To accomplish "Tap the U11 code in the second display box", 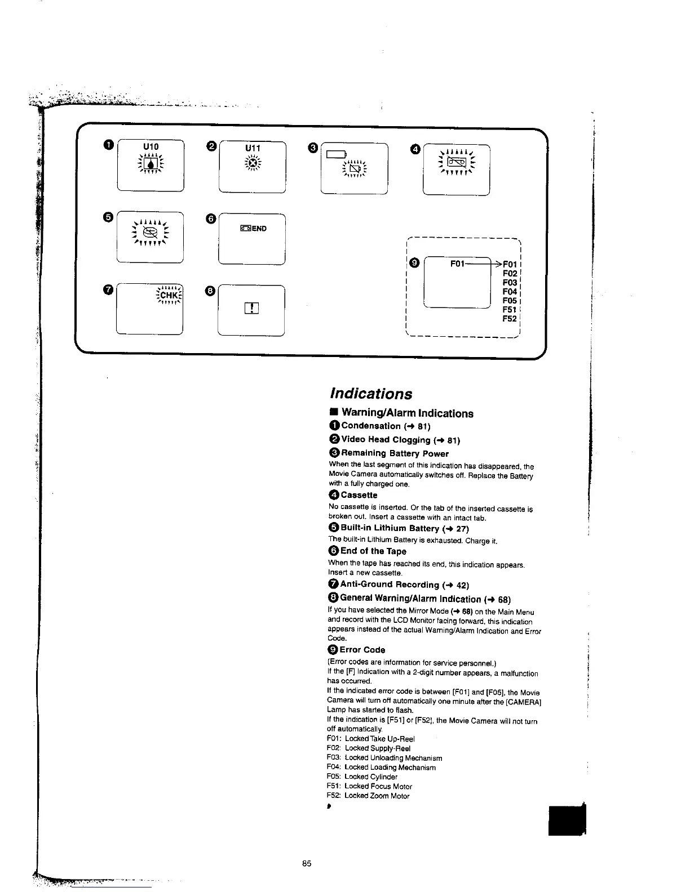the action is click(253, 148).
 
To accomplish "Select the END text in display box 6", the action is click(259, 229).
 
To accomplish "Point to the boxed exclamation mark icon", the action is click(251, 308).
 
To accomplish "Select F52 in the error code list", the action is click(510, 319).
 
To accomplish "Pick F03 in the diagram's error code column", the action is click(510, 283).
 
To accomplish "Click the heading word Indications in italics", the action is click(371, 394).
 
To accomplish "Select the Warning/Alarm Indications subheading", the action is click(407, 414).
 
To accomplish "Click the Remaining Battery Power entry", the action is click(395, 453).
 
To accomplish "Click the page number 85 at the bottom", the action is click(307, 864).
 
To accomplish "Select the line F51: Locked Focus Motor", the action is click(369, 786).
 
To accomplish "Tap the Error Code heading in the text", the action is click(362, 650).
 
